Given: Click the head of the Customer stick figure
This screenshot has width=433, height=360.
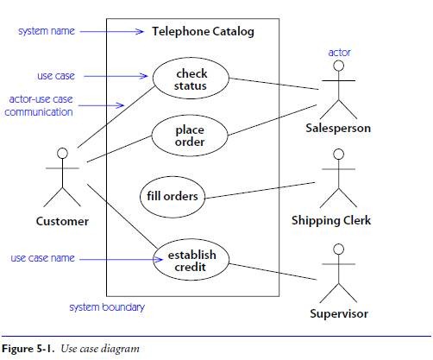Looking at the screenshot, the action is tap(62, 153).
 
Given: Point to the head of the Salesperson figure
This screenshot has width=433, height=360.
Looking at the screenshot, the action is tap(338, 66).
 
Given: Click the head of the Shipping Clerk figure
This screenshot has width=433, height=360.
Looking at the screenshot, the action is tap(338, 154).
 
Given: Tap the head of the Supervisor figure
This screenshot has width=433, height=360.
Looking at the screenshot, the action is tap(338, 249).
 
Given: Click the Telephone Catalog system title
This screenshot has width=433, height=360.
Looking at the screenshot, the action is tap(203, 32).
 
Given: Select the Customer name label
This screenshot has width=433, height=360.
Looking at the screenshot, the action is tap(62, 221).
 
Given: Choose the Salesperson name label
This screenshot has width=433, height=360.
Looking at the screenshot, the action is tap(338, 128).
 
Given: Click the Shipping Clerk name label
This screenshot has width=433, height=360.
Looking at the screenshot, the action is tap(331, 220).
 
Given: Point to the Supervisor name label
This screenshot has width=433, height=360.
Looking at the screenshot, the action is tap(339, 313).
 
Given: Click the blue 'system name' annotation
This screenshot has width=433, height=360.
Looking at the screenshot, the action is tap(47, 31).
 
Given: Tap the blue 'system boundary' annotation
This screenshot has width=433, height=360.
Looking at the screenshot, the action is tap(107, 307).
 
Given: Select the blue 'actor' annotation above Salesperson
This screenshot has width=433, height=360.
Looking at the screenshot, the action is tap(339, 53).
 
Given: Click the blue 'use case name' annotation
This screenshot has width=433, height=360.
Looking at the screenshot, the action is tap(42, 258).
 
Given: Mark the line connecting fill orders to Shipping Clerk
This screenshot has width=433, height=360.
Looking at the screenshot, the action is tap(260, 191).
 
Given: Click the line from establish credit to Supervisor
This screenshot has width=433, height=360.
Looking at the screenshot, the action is tap(273, 272).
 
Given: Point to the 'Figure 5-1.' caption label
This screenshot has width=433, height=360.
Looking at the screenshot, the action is tap(28, 349).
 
